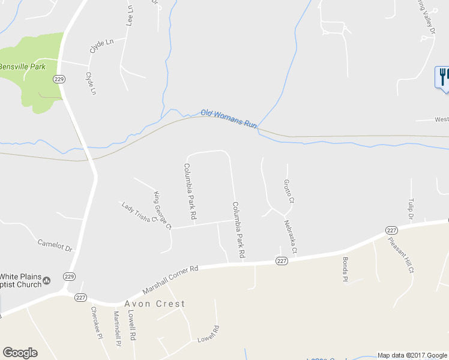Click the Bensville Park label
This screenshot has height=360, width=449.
pyautogui.click(x=22, y=66)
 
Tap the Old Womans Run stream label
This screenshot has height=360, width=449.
pyautogui.click(x=229, y=118)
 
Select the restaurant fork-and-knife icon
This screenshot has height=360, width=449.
pyautogui.click(x=444, y=77)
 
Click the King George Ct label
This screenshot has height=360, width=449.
pyautogui.click(x=163, y=210)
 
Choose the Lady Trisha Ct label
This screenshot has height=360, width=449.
pyautogui.click(x=139, y=212)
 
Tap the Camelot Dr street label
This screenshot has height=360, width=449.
pyautogui.click(x=55, y=245)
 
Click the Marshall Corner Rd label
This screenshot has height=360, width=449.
pyautogui.click(x=170, y=280)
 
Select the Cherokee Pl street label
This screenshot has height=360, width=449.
pyautogui.click(x=94, y=323)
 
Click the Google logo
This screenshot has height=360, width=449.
pyautogui.click(x=20, y=353)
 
